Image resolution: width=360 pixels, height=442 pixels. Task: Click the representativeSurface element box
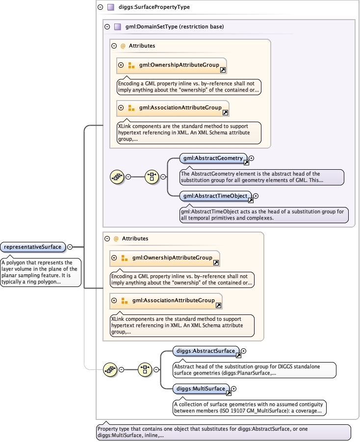click(33, 247)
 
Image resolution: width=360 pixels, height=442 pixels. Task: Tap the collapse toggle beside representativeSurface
click(70, 247)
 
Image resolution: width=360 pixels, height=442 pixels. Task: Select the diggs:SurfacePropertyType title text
click(154, 7)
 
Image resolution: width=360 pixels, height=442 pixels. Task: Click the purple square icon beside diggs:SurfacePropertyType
click(111, 7)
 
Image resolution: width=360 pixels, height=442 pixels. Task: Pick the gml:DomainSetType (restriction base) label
click(175, 26)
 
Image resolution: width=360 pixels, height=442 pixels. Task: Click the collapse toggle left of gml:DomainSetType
click(107, 27)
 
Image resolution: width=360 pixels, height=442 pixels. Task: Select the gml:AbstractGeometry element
click(213, 158)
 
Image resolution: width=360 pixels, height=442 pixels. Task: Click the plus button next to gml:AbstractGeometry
click(251, 158)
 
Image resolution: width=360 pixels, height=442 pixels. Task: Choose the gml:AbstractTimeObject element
click(215, 196)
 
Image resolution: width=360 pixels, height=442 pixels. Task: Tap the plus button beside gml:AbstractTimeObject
click(256, 196)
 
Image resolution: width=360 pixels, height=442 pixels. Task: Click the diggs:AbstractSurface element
click(206, 351)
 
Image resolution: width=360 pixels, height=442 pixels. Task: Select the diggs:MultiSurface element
click(201, 389)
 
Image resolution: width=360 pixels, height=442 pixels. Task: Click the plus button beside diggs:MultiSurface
click(233, 389)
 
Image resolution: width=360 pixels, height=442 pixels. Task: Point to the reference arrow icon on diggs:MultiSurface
click(229, 393)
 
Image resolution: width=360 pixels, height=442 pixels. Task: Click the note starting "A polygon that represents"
click(41, 272)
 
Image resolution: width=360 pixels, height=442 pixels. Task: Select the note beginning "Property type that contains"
click(223, 432)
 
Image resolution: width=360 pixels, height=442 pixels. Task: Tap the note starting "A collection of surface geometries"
click(250, 408)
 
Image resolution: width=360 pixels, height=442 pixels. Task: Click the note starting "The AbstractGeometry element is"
click(261, 177)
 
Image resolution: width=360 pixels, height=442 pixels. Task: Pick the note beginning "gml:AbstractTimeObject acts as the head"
click(264, 215)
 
